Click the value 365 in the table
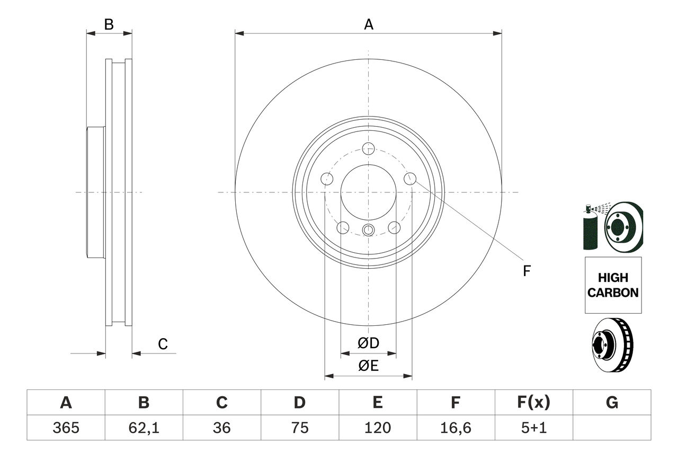66,428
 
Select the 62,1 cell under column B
144,428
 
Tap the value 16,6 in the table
456,428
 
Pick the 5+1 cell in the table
533,428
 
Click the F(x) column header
533,403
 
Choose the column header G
612,403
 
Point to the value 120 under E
377,428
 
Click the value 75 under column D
299,428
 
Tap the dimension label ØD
368,343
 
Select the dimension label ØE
368,366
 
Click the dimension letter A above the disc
369,24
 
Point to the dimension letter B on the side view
109,24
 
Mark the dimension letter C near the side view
163,344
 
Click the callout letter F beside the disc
527,271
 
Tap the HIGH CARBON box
613,285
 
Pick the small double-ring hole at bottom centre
368,229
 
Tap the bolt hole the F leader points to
409,179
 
